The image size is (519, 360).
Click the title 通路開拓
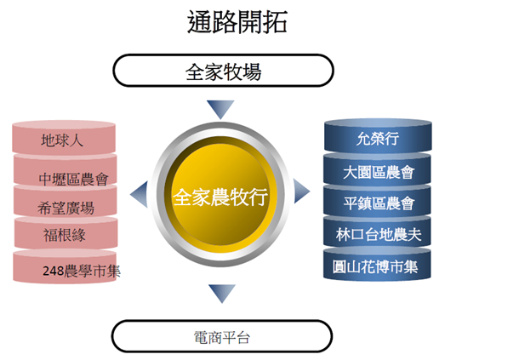pyautogui.click(x=237, y=21)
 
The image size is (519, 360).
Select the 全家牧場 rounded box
pyautogui.click(x=223, y=71)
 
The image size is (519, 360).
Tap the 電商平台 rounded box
pyautogui.click(x=222, y=336)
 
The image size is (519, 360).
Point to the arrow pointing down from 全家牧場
pyautogui.click(x=220, y=109)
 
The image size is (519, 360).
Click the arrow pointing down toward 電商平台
pyautogui.click(x=222, y=294)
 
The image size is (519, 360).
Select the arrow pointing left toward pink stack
pyautogui.click(x=139, y=194)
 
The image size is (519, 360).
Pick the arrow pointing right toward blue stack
pyautogui.click(x=301, y=191)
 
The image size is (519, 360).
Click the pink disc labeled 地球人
pyautogui.click(x=64, y=139)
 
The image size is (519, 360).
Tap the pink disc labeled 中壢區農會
pyautogui.click(x=66, y=172)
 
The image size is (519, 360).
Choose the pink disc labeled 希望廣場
pyautogui.click(x=66, y=202)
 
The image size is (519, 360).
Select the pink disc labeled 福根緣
pyautogui.click(x=66, y=233)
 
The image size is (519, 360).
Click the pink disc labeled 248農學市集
pyautogui.click(x=65, y=267)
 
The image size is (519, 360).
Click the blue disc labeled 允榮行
pyautogui.click(x=378, y=136)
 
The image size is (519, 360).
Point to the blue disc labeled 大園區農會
pyautogui.click(x=377, y=170)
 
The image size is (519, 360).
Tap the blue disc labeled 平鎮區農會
pyautogui.click(x=377, y=201)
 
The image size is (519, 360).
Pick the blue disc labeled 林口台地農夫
pyautogui.click(x=377, y=232)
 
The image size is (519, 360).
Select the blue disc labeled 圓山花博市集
pyautogui.click(x=377, y=265)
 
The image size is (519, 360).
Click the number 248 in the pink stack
pyautogui.click(x=54, y=271)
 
